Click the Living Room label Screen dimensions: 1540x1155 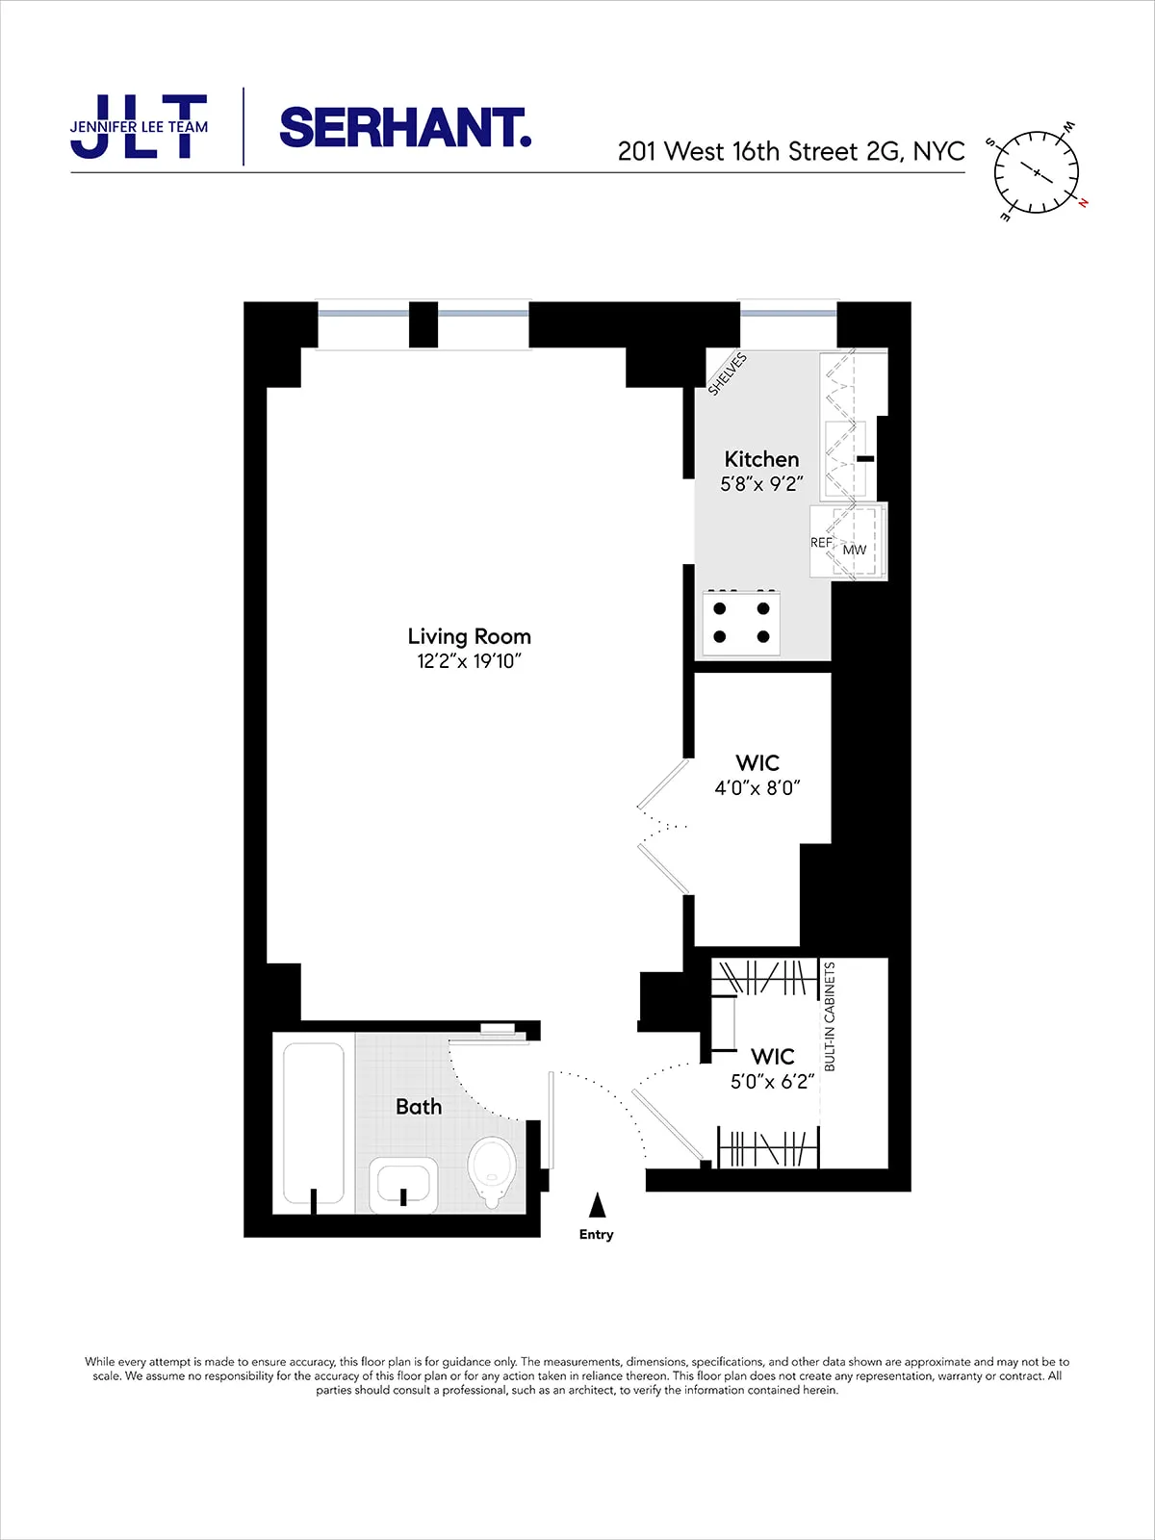(x=469, y=636)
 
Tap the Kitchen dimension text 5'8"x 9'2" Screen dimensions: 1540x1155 (x=761, y=484)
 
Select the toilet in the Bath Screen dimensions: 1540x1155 (x=492, y=1168)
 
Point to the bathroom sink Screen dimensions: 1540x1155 (x=403, y=1183)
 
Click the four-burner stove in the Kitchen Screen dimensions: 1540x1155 (x=741, y=623)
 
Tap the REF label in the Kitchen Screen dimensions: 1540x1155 (x=821, y=543)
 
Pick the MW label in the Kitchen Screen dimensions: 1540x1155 (x=855, y=550)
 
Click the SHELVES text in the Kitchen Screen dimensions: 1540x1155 (x=728, y=374)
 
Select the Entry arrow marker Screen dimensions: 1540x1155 (x=597, y=1205)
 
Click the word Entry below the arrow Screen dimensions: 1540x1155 (x=596, y=1235)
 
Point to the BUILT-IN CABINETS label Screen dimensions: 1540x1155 (x=830, y=1016)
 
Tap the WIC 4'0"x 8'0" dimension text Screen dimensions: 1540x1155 (x=757, y=788)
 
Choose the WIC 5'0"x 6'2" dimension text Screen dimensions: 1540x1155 (x=773, y=1082)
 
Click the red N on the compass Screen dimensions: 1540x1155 (x=1083, y=202)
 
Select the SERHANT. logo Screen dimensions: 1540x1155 (x=405, y=128)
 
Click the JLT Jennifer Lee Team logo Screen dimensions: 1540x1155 (x=139, y=127)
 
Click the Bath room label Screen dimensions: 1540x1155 (x=419, y=1107)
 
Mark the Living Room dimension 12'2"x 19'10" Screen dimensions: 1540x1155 (x=469, y=661)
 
